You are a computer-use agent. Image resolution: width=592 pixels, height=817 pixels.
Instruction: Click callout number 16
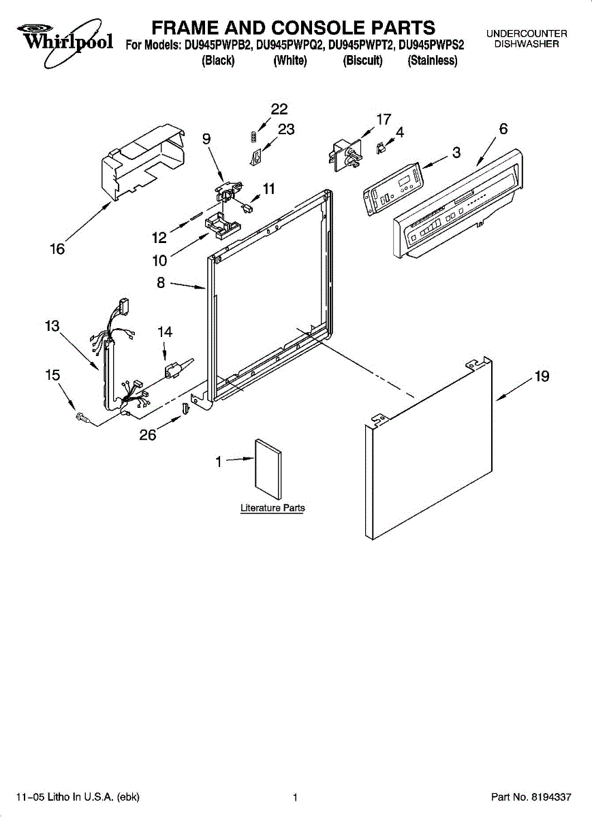tap(57, 250)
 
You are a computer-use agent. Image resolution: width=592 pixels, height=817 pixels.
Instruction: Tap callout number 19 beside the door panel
tap(542, 377)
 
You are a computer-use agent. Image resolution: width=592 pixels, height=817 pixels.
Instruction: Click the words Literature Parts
tap(272, 508)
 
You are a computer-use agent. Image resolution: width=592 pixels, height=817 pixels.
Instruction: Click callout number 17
tap(384, 119)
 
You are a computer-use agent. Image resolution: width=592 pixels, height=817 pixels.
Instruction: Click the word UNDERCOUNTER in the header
tap(527, 33)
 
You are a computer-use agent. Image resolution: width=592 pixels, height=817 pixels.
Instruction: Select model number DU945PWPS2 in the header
tap(431, 46)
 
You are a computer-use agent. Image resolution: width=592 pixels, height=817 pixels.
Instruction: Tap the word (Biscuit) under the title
tap(362, 61)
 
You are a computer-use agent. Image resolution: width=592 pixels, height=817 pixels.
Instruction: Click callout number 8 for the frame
tap(161, 283)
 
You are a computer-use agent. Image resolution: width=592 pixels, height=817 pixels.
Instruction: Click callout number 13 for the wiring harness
tap(52, 326)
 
